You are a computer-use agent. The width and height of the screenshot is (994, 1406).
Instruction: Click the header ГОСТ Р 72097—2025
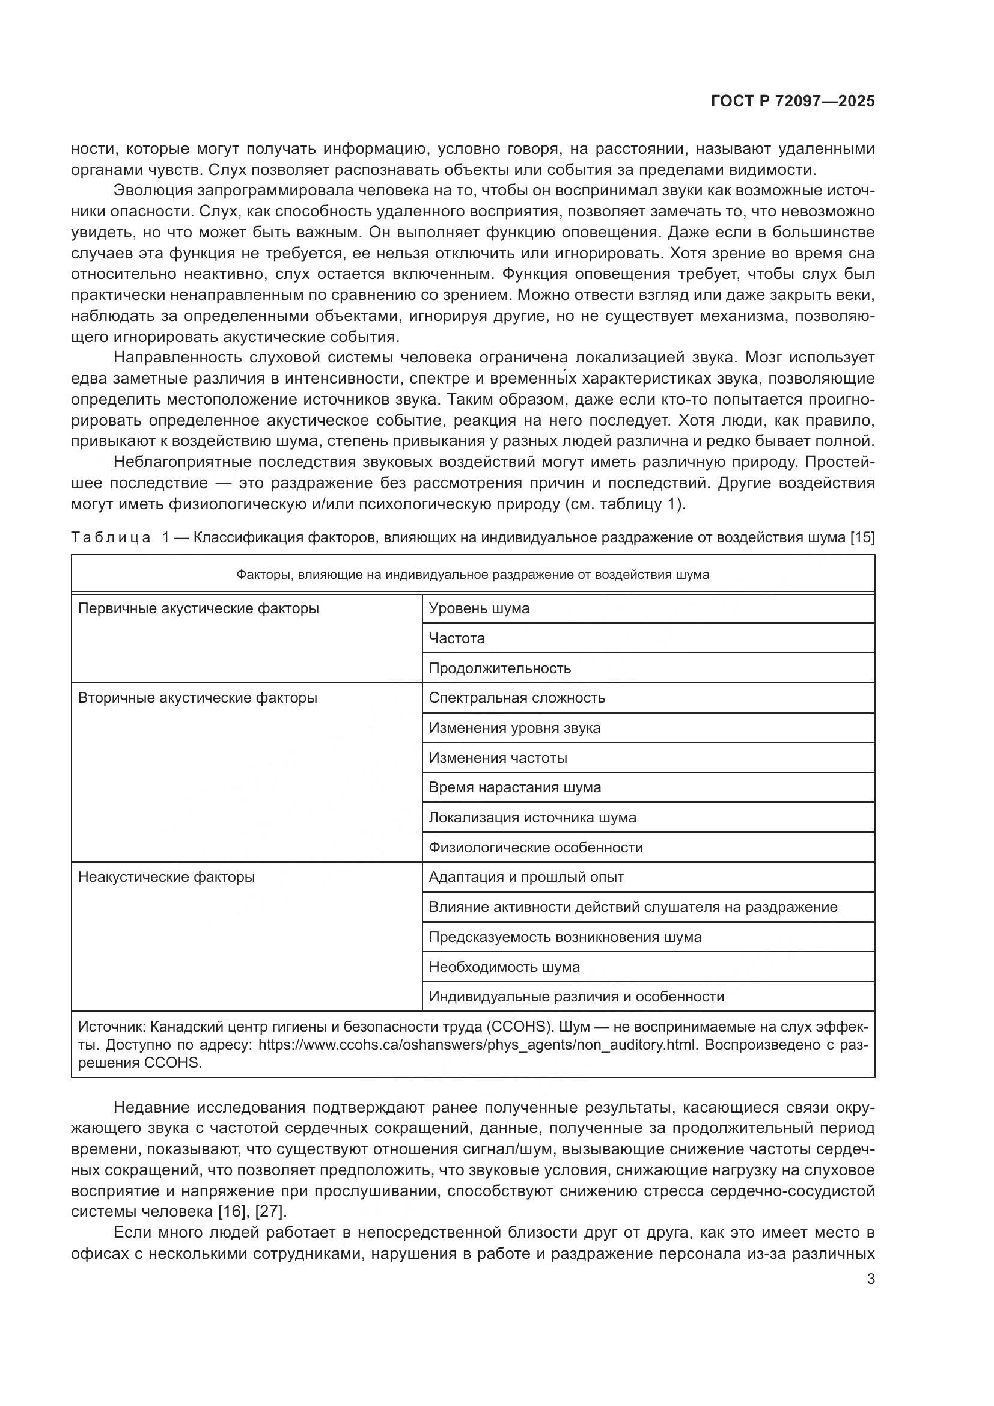click(793, 101)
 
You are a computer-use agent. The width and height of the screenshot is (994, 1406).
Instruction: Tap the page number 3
click(870, 1279)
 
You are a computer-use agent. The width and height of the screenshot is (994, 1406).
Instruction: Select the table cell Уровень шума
click(478, 608)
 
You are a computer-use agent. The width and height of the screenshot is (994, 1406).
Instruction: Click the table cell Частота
click(457, 638)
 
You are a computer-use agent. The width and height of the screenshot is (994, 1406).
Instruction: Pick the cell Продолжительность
click(499, 668)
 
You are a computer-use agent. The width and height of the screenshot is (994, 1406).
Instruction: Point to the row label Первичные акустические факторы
click(198, 608)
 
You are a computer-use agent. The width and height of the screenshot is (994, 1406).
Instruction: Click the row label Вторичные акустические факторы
click(197, 698)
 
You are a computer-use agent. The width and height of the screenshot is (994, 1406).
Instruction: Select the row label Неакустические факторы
click(166, 877)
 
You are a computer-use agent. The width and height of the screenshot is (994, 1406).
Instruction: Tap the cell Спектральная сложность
click(517, 698)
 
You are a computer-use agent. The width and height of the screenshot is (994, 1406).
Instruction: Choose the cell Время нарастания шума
click(515, 787)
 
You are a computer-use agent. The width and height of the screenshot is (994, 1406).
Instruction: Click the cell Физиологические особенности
click(535, 848)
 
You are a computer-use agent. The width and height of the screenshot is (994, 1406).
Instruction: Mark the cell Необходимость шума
click(504, 967)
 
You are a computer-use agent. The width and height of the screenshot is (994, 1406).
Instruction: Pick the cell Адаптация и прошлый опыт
click(526, 877)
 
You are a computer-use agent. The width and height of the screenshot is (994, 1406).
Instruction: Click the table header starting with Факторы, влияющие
click(472, 575)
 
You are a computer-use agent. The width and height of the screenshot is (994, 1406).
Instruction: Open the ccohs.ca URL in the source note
click(477, 1044)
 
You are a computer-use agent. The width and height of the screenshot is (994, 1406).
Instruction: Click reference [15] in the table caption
click(862, 537)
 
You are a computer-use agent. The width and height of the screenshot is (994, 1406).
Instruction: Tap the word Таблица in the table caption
click(111, 537)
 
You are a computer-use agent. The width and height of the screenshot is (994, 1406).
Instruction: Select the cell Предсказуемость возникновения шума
click(565, 937)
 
